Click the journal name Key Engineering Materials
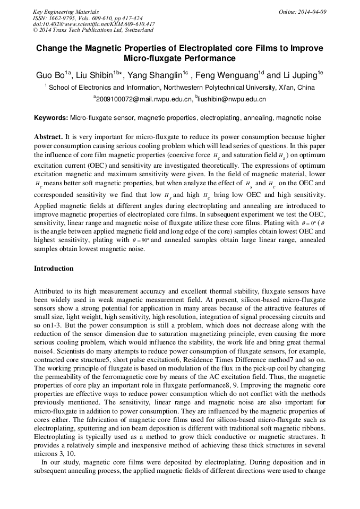tap(65, 12)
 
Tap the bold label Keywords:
tap(51, 118)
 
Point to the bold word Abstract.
tap(48, 136)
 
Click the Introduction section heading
tap(54, 269)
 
